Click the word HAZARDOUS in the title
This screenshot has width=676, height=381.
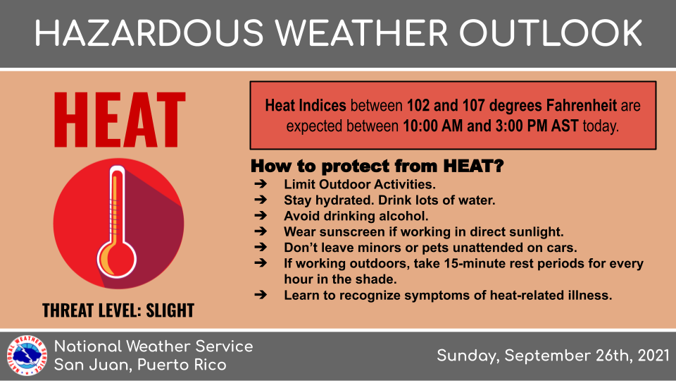pyautogui.click(x=149, y=33)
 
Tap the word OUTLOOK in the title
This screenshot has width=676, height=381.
pyautogui.click(x=551, y=33)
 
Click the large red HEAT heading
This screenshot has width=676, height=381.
pyautogui.click(x=120, y=120)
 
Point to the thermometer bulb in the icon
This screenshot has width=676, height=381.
pyautogui.click(x=116, y=260)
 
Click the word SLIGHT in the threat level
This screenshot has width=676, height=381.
pyautogui.click(x=170, y=310)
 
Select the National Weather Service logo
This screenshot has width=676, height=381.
pyautogui.click(x=27, y=356)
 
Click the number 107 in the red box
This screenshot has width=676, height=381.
pyautogui.click(x=473, y=105)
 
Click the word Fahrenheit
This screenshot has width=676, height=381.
pyautogui.click(x=582, y=105)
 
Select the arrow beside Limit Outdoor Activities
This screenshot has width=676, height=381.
pyautogui.click(x=261, y=184)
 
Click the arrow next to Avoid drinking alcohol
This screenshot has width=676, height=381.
pyautogui.click(x=261, y=216)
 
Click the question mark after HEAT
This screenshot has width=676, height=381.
pyautogui.click(x=499, y=166)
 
